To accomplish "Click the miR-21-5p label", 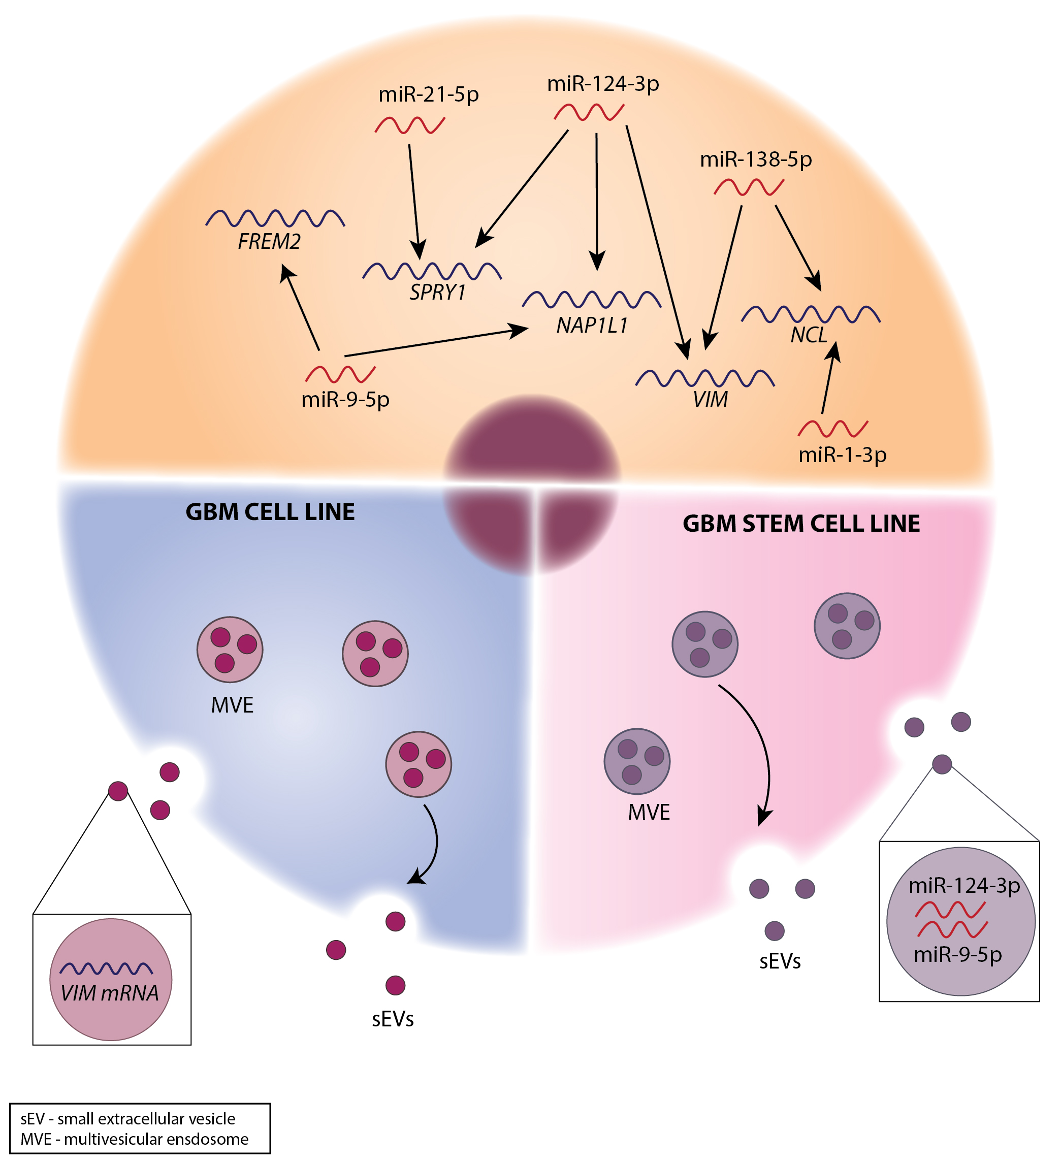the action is [428, 94].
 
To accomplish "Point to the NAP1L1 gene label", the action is [592, 326].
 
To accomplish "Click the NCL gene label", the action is [809, 335].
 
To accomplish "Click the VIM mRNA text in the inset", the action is [110, 993].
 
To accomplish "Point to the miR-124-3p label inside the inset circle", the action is [964, 885].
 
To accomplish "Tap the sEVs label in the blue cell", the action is [393, 1035].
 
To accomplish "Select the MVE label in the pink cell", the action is [649, 813].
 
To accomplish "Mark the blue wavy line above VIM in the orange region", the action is [704, 378].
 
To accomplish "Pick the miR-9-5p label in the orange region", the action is [345, 399].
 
